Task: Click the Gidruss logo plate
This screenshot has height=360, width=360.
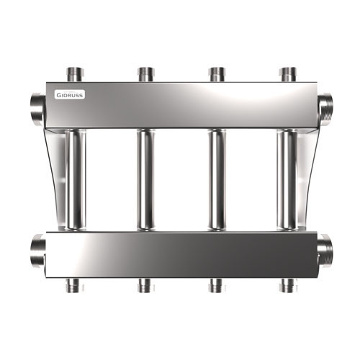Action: pyautogui.click(x=69, y=95)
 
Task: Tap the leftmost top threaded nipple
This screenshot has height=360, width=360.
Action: pyautogui.click(x=75, y=75)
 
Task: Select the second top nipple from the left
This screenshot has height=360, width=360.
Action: pyautogui.click(x=146, y=75)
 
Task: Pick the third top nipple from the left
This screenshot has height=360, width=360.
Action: pyautogui.click(x=217, y=75)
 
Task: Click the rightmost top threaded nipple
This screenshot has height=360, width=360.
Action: pyautogui.click(x=289, y=75)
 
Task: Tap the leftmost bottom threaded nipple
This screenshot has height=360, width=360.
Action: pyautogui.click(x=75, y=286)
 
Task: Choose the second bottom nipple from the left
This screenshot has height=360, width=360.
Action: pyautogui.click(x=146, y=286)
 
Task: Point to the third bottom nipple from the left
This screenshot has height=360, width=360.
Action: pyautogui.click(x=217, y=286)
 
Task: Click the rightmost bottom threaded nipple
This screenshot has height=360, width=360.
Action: pyautogui.click(x=289, y=286)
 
